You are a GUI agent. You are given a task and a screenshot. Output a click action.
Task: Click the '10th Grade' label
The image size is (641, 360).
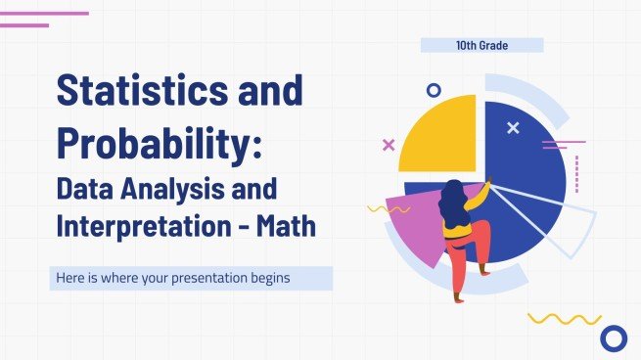click(481, 45)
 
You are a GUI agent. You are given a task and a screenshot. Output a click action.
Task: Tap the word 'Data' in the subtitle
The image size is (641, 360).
click(86, 189)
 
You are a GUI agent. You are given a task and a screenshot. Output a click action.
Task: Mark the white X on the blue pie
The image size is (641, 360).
click(513, 128)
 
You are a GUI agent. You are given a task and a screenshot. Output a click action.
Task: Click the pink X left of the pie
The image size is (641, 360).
click(389, 145)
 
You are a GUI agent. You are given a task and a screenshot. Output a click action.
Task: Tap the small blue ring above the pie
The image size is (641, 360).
click(434, 90)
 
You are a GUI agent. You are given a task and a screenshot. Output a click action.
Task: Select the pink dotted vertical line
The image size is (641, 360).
click(576, 172)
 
